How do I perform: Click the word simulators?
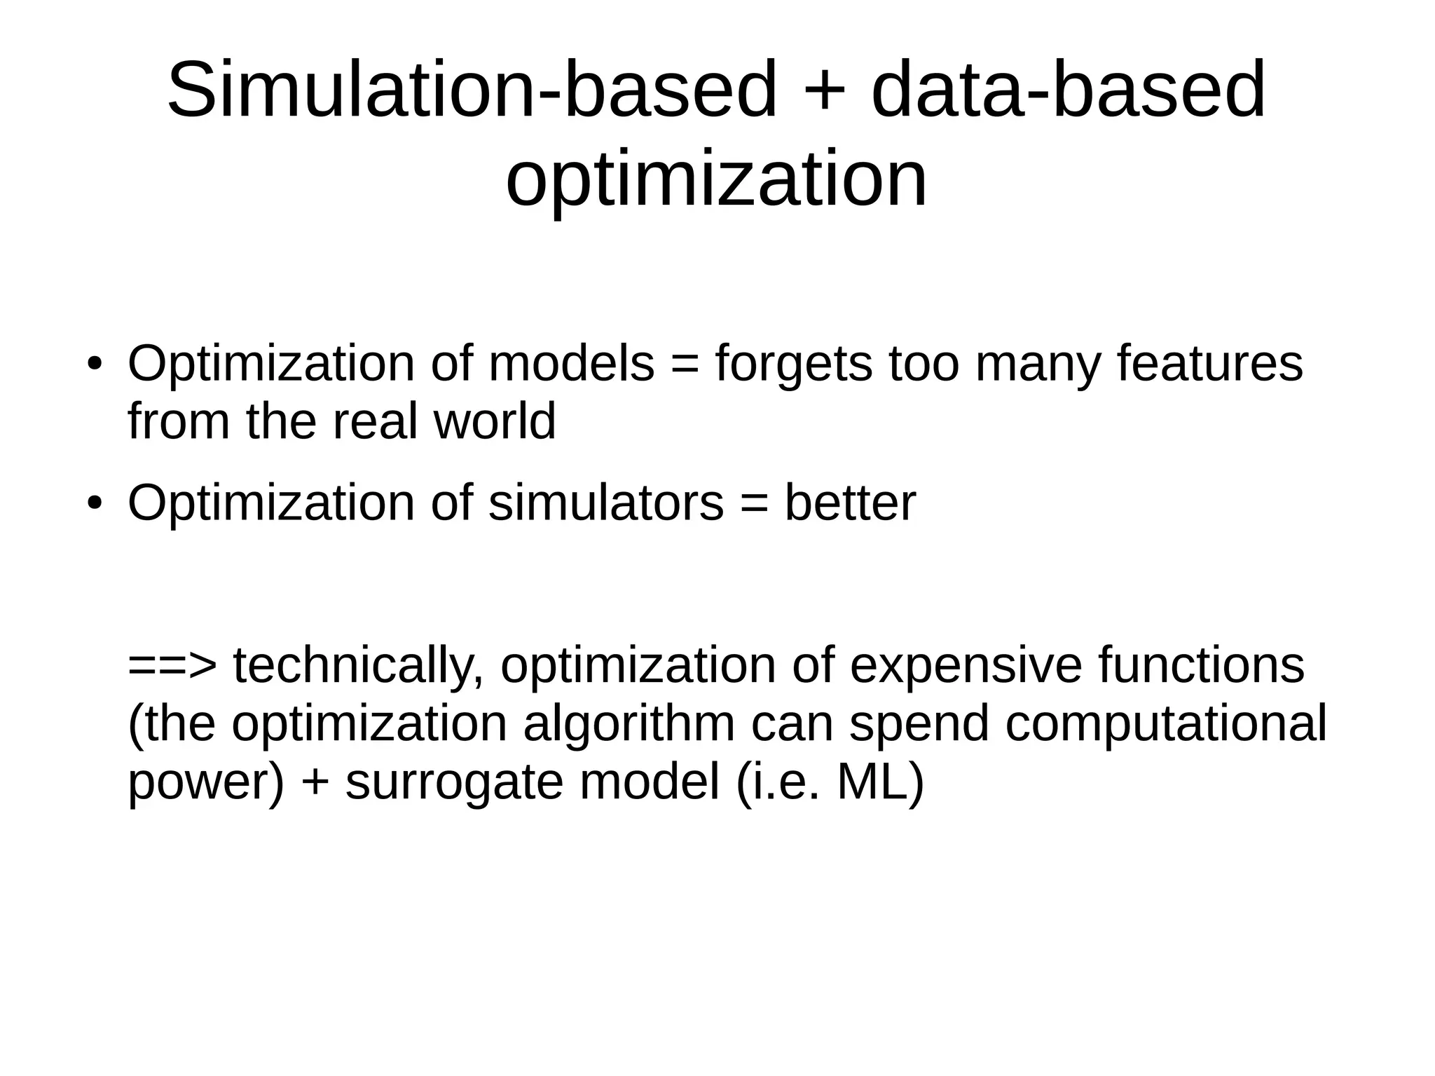click(x=605, y=503)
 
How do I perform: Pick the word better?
click(x=849, y=503)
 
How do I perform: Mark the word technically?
click(x=358, y=665)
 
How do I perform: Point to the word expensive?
click(x=966, y=665)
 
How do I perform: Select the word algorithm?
click(x=629, y=723)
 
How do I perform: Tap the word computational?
click(x=1165, y=723)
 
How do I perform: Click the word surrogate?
click(x=454, y=782)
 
